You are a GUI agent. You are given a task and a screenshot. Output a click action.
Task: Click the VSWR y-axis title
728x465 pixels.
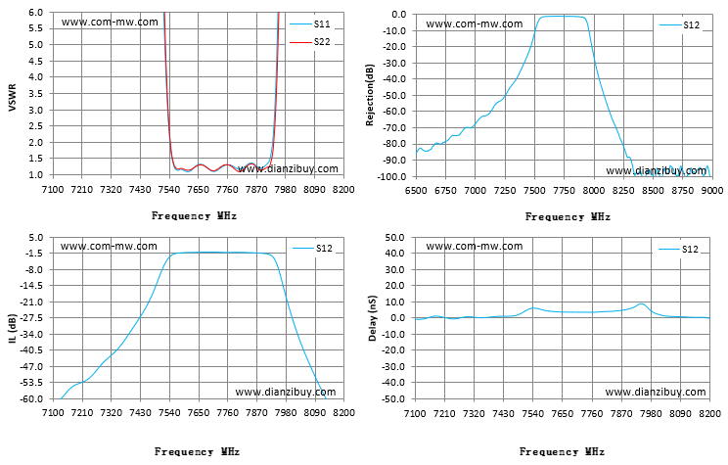pyautogui.click(x=13, y=98)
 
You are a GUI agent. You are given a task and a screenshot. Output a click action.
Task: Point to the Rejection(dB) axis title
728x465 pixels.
pyautogui.click(x=370, y=95)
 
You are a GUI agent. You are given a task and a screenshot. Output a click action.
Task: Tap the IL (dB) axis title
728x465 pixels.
pyautogui.click(x=13, y=329)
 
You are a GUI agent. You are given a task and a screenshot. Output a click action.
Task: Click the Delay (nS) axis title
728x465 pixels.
pyautogui.click(x=373, y=318)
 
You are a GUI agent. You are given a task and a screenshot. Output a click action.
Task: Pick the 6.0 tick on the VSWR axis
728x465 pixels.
pyautogui.click(x=35, y=13)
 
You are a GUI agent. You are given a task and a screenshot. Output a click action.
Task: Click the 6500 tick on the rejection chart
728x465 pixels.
pyautogui.click(x=416, y=191)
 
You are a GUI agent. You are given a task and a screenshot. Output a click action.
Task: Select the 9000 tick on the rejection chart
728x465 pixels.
pyautogui.click(x=712, y=191)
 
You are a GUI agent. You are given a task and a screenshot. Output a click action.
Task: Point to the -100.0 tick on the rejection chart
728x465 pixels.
pyautogui.click(x=391, y=176)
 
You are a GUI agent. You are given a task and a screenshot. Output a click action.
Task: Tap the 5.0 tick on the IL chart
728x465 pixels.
pyautogui.click(x=36, y=237)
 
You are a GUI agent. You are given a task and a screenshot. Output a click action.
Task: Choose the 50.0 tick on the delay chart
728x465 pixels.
pyautogui.click(x=395, y=237)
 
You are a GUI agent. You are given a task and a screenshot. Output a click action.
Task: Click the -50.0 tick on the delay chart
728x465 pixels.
pyautogui.click(x=393, y=399)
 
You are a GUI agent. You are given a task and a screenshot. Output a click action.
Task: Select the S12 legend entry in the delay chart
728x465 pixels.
pyautogui.click(x=678, y=249)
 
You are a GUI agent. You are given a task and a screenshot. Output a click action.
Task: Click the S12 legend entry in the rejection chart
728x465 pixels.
pyautogui.click(x=680, y=25)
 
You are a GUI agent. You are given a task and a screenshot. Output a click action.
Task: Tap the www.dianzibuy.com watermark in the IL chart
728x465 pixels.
pyautogui.click(x=286, y=392)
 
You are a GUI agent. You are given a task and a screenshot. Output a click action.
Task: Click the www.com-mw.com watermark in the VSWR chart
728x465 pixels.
pyautogui.click(x=110, y=22)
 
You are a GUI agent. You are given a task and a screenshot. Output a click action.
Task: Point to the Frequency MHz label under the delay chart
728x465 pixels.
pyautogui.click(x=562, y=451)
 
